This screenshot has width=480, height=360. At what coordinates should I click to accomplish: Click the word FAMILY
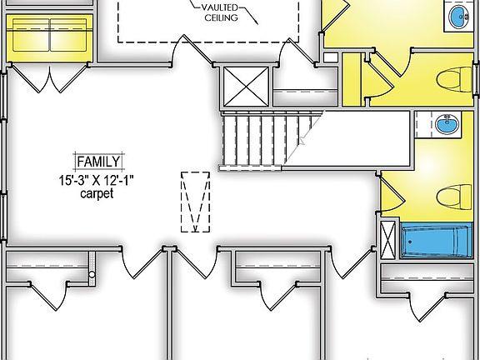click(x=98, y=162)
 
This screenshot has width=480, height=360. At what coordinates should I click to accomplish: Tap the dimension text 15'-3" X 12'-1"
click(x=97, y=180)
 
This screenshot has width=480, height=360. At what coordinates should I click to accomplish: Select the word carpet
click(x=97, y=193)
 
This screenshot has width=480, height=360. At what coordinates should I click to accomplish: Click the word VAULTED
click(x=219, y=7)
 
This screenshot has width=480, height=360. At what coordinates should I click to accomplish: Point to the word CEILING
click(x=221, y=17)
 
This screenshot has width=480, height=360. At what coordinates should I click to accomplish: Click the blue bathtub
click(x=437, y=241)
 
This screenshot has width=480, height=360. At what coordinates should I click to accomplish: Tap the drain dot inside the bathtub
click(x=410, y=242)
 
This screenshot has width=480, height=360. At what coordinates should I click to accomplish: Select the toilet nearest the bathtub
click(x=454, y=197)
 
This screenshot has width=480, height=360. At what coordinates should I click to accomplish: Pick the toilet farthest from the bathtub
click(x=454, y=80)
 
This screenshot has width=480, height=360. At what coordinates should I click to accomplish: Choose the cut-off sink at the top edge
click(x=459, y=16)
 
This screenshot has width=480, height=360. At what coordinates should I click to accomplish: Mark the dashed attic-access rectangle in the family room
click(x=195, y=202)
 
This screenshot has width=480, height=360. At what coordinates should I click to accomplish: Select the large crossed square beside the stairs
click(x=246, y=87)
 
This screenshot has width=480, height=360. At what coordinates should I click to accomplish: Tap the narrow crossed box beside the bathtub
click(x=387, y=240)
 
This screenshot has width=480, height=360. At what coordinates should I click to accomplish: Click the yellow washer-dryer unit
click(x=50, y=38)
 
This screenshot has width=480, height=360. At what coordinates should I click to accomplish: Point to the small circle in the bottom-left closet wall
click(x=92, y=275)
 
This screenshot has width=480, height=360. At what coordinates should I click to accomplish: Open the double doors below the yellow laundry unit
click(x=50, y=78)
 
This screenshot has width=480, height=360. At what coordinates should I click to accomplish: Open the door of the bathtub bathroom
click(x=392, y=195)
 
